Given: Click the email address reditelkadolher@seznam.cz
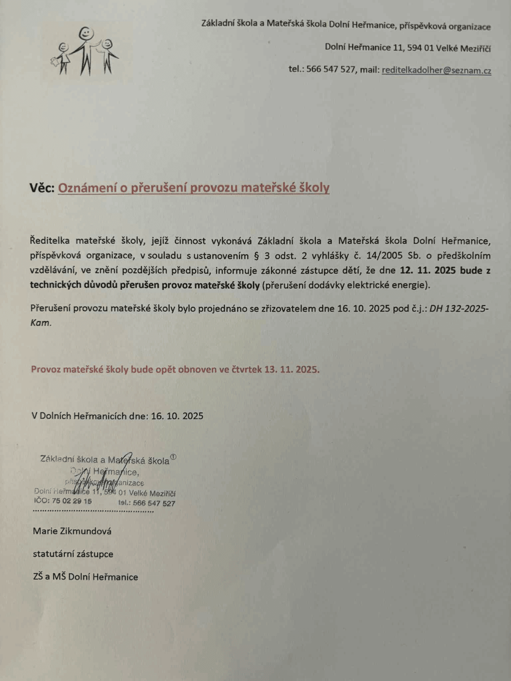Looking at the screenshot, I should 436,70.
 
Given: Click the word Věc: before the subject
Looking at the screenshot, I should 42,188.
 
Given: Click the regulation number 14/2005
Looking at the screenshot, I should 386,256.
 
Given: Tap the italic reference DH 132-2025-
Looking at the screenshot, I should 459,308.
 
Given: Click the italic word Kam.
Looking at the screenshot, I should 41,323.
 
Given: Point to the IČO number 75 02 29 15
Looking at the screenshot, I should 71,501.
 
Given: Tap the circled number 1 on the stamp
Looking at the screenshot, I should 173,457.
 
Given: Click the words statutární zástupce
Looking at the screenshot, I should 73,554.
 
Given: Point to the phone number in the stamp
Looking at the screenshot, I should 154,503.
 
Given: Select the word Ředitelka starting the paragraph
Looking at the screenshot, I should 50,241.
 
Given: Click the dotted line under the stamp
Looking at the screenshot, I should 93,511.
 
